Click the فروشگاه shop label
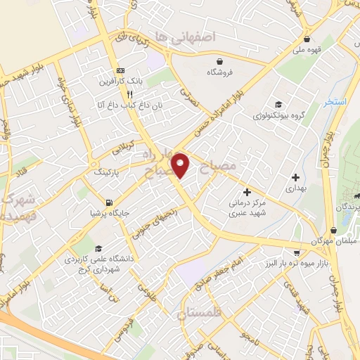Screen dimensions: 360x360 (x=220, y=72)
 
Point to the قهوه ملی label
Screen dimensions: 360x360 (x=307, y=50)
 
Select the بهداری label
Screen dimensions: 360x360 (x=295, y=189)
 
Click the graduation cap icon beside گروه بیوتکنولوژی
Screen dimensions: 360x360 (x=279, y=104)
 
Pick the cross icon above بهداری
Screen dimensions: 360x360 (x=295, y=177)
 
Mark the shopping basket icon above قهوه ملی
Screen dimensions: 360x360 (x=307, y=39)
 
